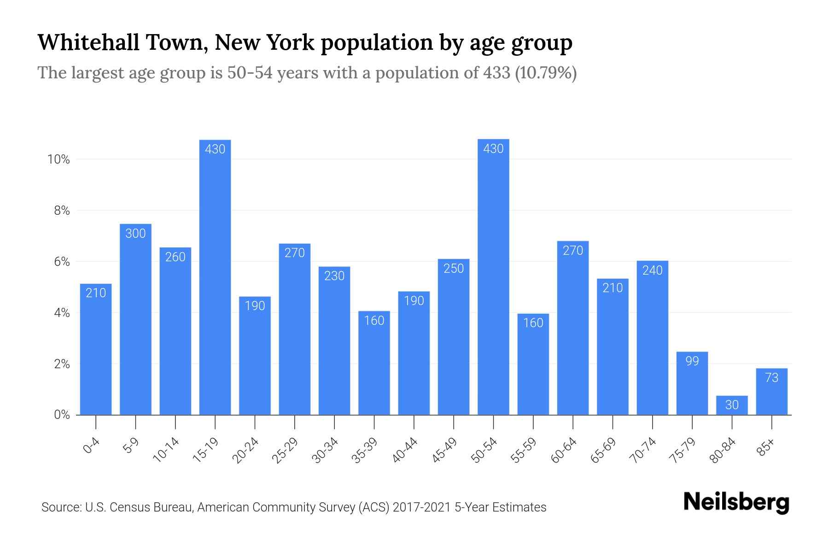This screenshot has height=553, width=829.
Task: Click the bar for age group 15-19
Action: point(215,276)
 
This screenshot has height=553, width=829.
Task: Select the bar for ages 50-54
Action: point(493,276)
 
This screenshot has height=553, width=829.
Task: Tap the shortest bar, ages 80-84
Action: point(732,405)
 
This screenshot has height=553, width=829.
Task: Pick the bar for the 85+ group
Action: point(771,392)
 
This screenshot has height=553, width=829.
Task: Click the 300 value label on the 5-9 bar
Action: point(135,234)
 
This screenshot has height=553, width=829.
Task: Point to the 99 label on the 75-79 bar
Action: point(692,361)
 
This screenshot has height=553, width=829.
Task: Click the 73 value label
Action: point(771,378)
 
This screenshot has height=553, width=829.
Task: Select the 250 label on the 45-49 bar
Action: point(454,269)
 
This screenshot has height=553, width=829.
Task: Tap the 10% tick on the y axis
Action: point(58,160)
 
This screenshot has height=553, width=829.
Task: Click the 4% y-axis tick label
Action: point(62,313)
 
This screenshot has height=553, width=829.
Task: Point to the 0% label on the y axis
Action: point(62,415)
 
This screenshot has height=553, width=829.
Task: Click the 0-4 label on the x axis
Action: point(92,446)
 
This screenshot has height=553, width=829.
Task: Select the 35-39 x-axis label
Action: point(364,450)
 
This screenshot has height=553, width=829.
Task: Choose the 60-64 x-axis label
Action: point(563,450)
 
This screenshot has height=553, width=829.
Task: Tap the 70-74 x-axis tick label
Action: point(642,450)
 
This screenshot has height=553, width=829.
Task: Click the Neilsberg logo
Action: point(736,502)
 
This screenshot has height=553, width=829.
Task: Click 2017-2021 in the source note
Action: point(422,507)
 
